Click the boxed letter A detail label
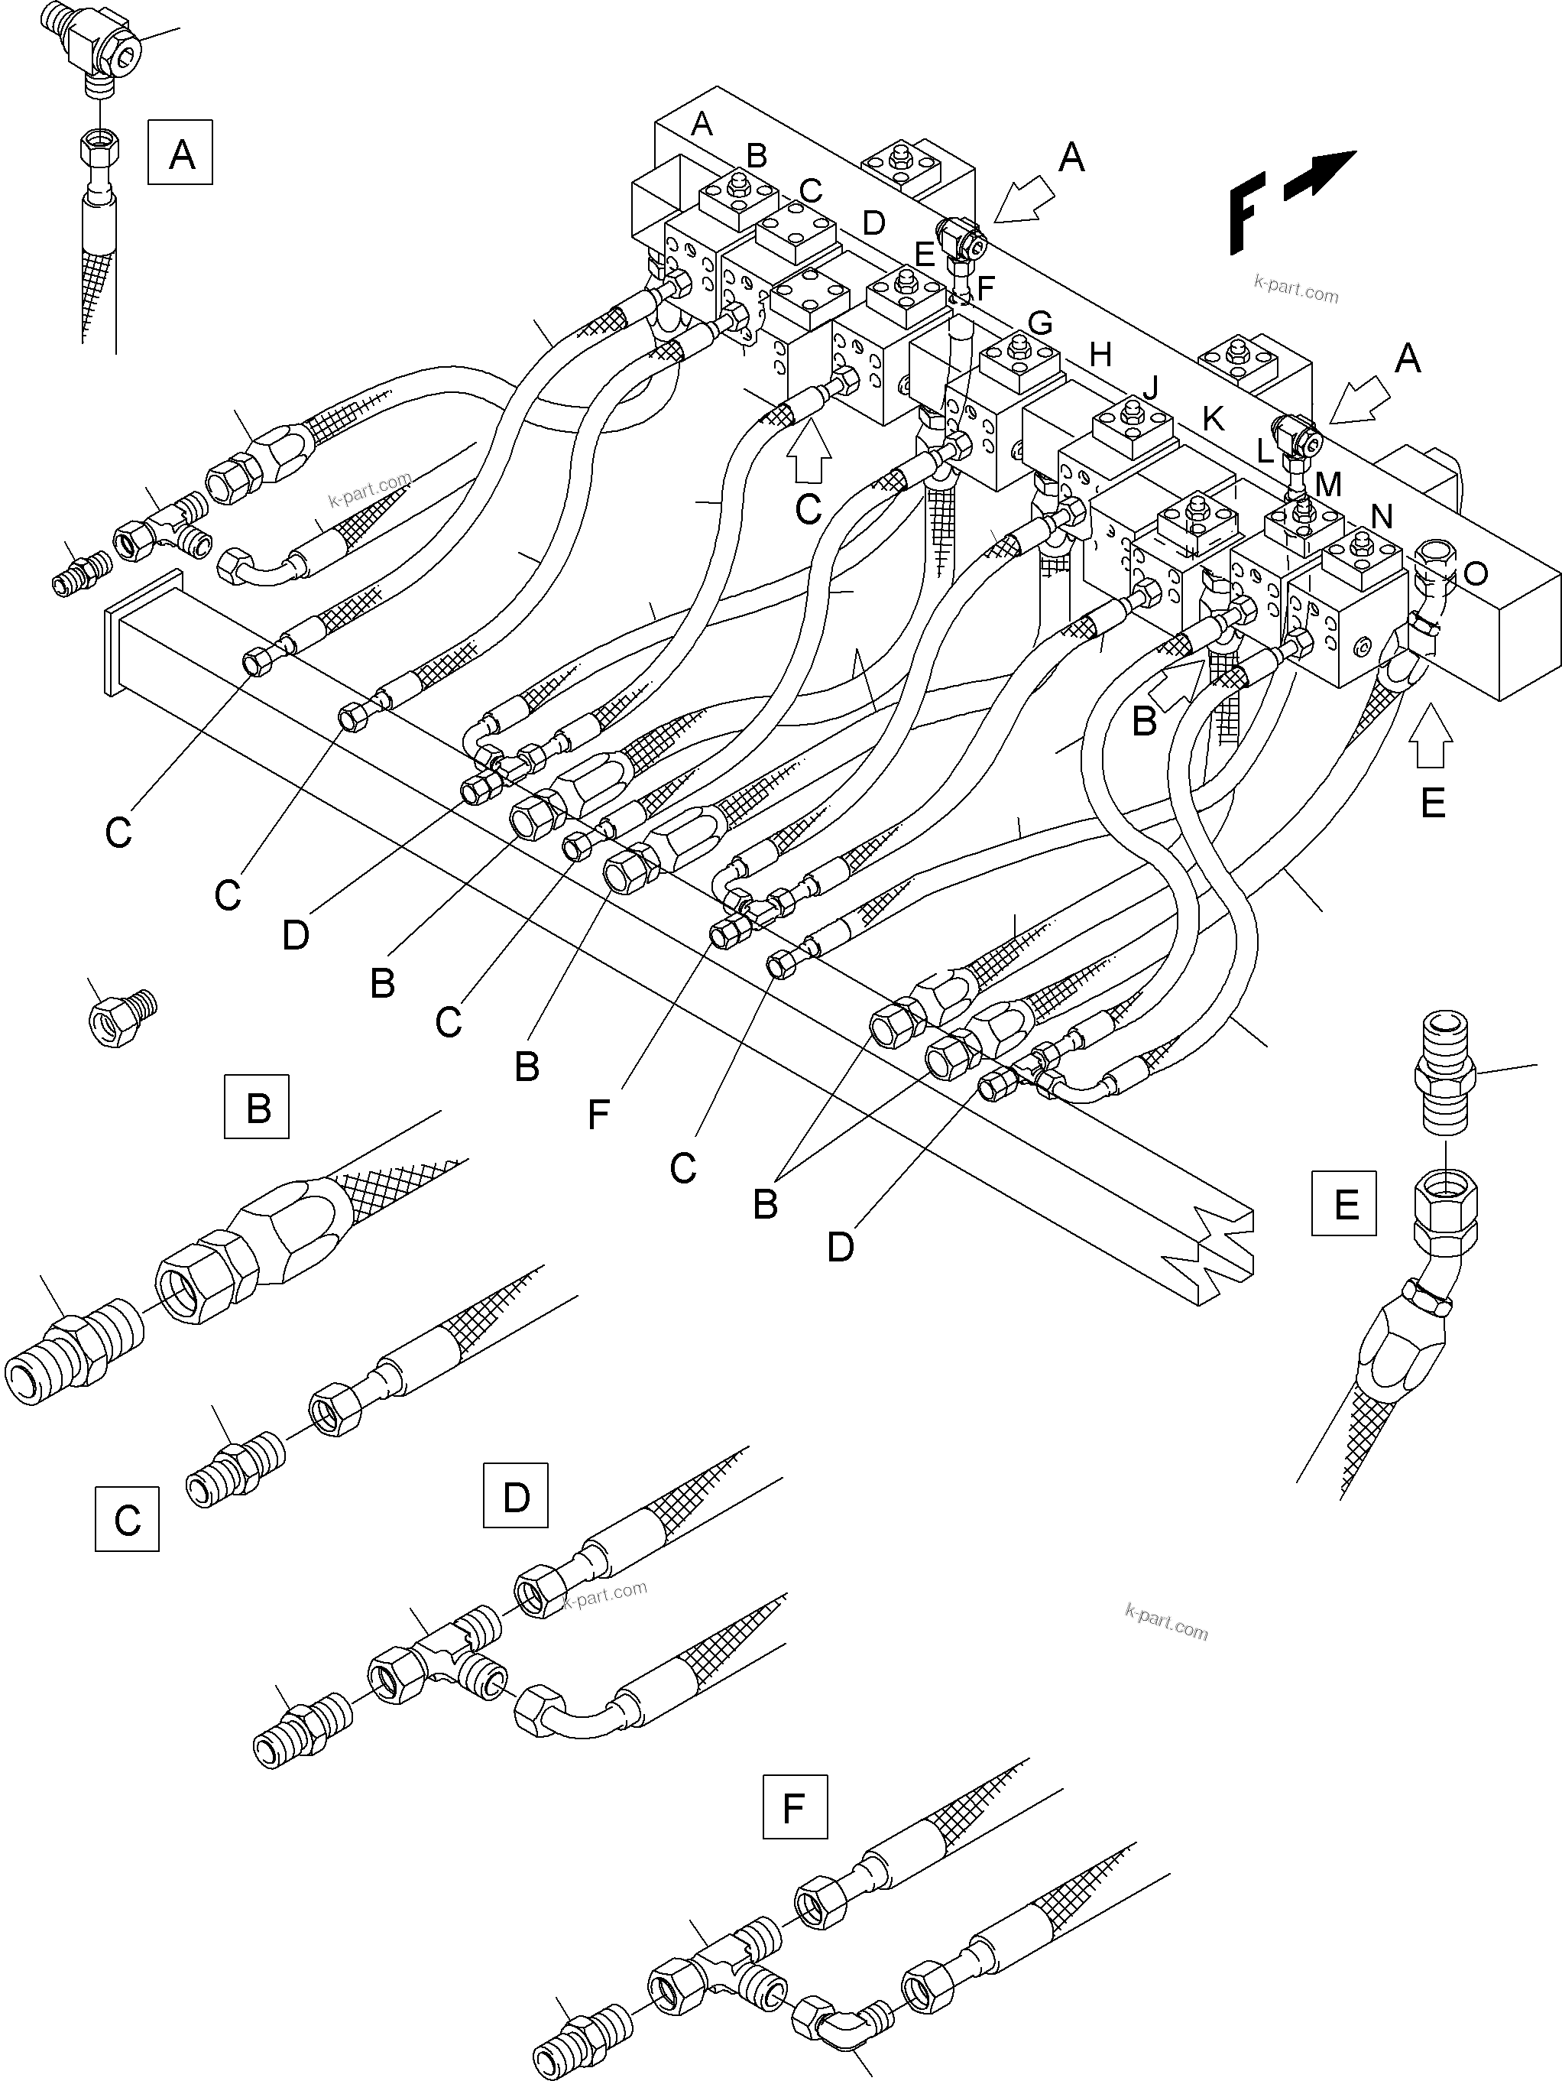[180, 152]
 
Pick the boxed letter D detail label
[515, 1495]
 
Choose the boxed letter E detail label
[1344, 1203]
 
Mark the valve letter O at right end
[1476, 572]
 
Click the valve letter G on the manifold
[1039, 323]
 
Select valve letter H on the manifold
[1100, 355]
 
